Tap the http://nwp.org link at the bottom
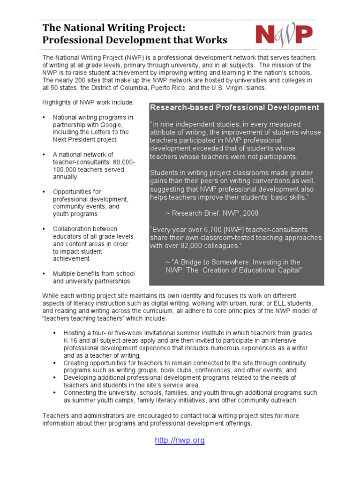[x=180, y=441]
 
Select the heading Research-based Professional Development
[x=234, y=108]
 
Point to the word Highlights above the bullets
[x=58, y=102]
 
